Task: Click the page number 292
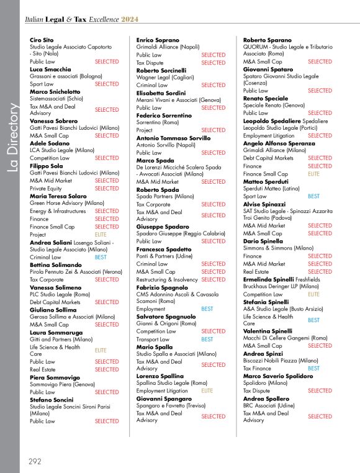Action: (x=35, y=461)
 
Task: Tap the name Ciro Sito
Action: (x=42, y=40)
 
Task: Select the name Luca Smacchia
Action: (x=50, y=70)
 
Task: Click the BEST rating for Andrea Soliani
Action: (x=101, y=257)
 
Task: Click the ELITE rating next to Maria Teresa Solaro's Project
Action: (x=101, y=235)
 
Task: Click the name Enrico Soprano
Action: (x=158, y=40)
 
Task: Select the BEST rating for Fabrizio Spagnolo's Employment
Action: (x=207, y=309)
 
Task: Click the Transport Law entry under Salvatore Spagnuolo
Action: (x=153, y=340)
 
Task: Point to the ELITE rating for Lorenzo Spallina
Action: (x=207, y=391)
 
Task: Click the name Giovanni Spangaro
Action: (x=164, y=399)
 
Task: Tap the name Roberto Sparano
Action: (x=267, y=40)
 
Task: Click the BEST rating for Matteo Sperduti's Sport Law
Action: (x=314, y=196)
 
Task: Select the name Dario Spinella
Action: (x=263, y=241)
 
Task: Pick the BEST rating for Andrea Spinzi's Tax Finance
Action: (x=314, y=368)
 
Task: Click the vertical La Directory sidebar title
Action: (x=11, y=137)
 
